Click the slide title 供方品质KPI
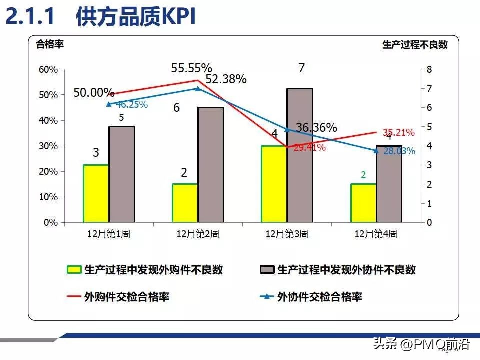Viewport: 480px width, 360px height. pos(135,17)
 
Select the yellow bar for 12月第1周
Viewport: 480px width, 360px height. pos(96,193)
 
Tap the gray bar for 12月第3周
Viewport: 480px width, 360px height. pos(300,155)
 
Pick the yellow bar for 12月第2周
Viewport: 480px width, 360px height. pos(185,203)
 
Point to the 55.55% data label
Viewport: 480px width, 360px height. pos(191,68)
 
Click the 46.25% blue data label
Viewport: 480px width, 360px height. pos(132,105)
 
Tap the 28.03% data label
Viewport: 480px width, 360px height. pos(399,151)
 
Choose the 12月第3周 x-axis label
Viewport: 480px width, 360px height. pos(287,234)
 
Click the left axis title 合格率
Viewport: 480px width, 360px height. pos(50,43)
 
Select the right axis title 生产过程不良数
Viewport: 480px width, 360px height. pos(415,44)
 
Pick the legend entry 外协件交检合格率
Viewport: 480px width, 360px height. pos(319,297)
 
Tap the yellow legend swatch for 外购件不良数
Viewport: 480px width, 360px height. pos(74,270)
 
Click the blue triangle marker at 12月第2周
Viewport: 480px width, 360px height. pos(197,89)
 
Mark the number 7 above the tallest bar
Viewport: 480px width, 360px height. pos(301,68)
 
